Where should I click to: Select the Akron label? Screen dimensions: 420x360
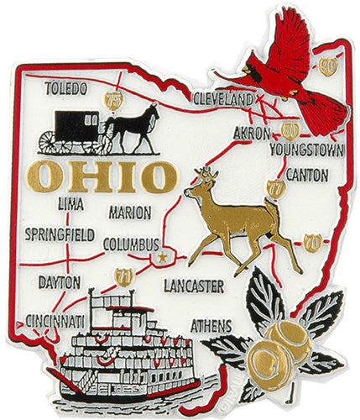(x=252, y=134)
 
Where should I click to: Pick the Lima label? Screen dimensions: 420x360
(x=71, y=203)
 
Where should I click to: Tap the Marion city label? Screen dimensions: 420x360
(x=130, y=213)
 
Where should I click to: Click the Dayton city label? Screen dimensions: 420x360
(x=59, y=282)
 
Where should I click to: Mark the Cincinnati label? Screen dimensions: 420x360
(x=55, y=321)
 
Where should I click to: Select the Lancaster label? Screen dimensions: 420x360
(x=195, y=286)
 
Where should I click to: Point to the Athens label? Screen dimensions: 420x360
(x=212, y=323)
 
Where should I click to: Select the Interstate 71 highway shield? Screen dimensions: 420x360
(x=123, y=276)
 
